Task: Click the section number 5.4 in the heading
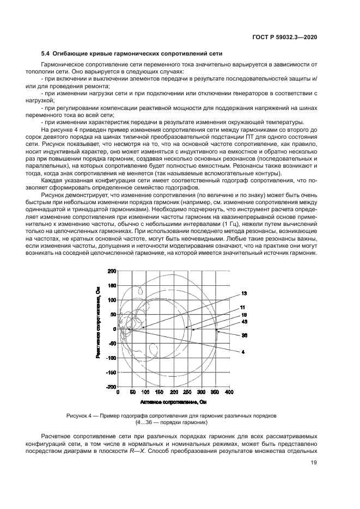point(46,53)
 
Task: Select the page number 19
point(314,463)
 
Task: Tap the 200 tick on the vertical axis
point(112,271)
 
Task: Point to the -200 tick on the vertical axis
point(112,387)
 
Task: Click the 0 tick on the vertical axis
point(114,329)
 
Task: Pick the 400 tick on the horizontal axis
point(229,392)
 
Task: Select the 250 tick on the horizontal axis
point(188,392)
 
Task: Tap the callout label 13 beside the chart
point(244,293)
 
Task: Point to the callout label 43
point(244,322)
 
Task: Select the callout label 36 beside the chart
point(244,335)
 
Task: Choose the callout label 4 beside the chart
point(243,352)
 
